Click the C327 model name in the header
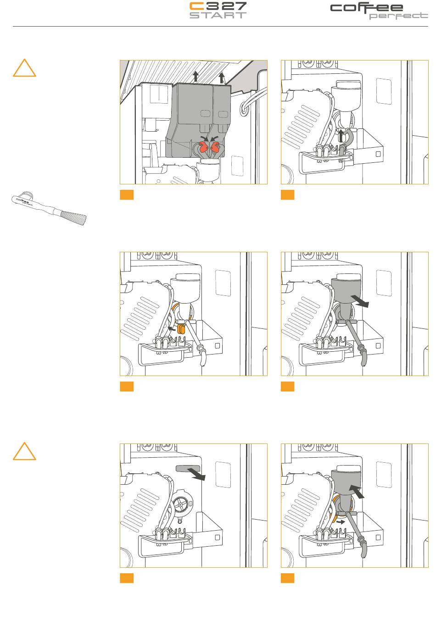click(218, 6)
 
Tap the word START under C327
click(218, 15)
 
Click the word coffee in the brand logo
click(367, 8)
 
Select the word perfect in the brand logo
click(398, 16)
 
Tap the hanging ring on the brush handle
click(27, 194)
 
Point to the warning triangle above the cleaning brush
click(24, 68)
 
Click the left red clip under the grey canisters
click(202, 146)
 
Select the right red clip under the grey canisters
click(215, 146)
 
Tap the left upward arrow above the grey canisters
click(196, 77)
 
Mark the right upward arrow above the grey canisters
click(222, 78)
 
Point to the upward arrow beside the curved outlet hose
click(341, 135)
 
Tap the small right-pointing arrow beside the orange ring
click(341, 522)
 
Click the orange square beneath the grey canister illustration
click(127, 194)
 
